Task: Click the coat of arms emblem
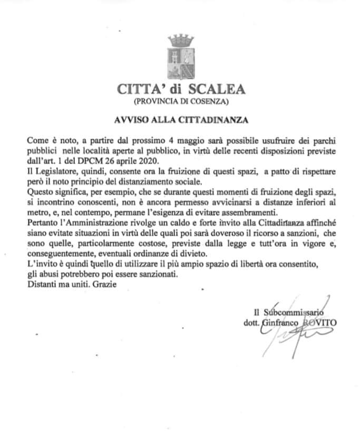[180, 55]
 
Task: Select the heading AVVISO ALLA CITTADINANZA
[180, 120]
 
